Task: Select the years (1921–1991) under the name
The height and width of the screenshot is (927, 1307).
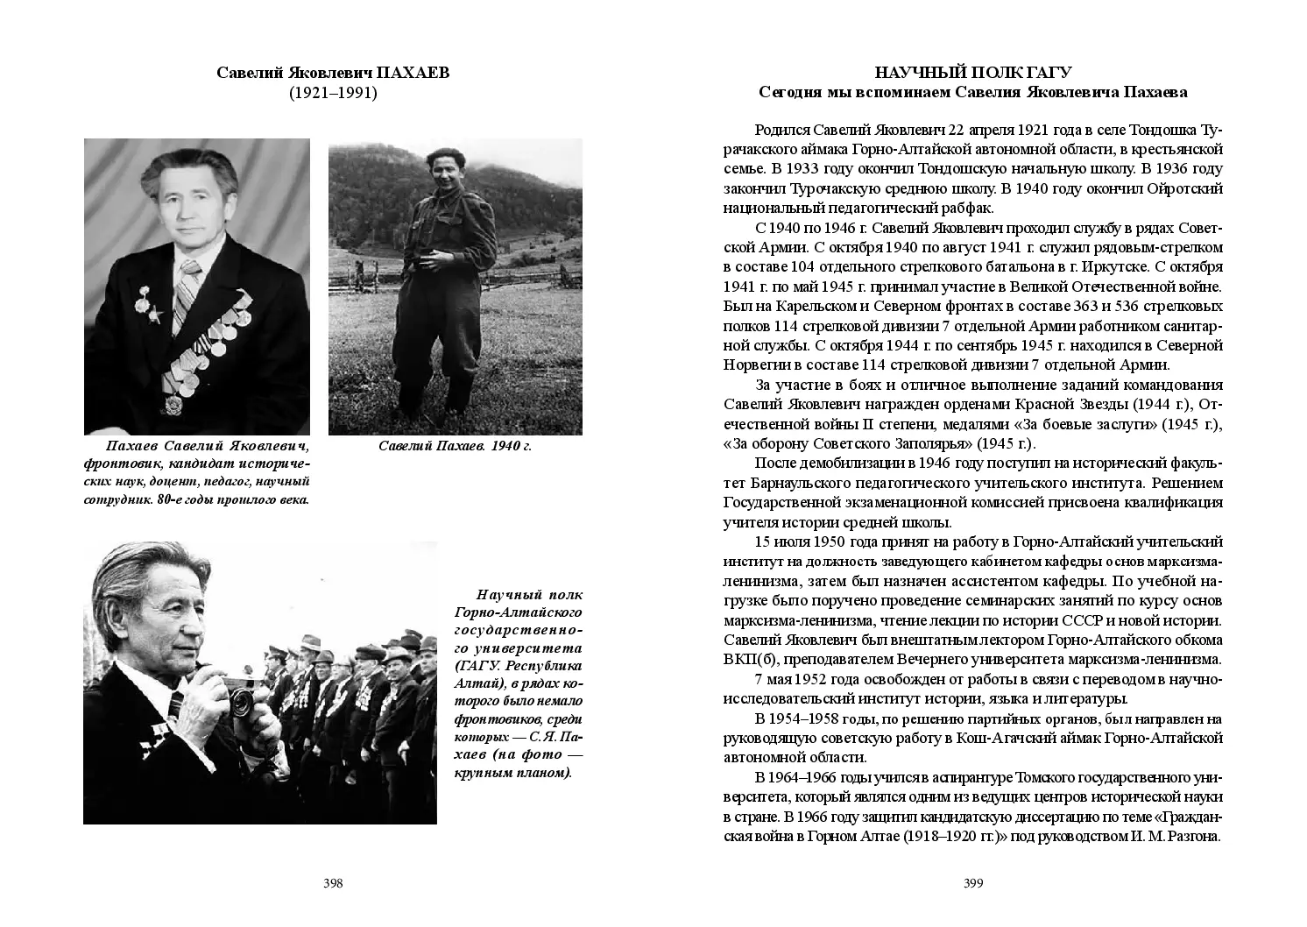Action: coord(333,92)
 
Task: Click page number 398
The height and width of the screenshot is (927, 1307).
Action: coord(333,883)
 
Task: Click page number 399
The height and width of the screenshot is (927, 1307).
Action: coord(973,883)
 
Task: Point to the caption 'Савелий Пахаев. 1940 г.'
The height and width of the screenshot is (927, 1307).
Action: coord(455,446)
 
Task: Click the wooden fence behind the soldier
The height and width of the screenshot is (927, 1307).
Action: coord(368,285)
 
